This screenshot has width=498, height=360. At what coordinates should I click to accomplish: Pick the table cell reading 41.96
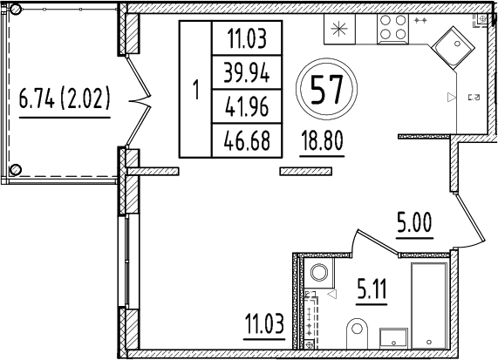click(x=247, y=106)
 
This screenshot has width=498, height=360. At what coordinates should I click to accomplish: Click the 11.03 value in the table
click(x=247, y=39)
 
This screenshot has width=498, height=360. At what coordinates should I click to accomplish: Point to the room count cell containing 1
click(x=195, y=89)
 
